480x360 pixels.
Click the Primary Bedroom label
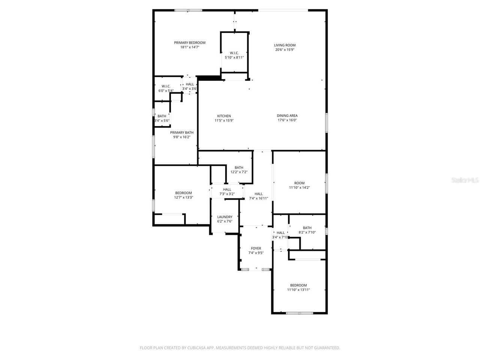(189, 43)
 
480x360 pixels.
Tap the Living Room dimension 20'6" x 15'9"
(285, 49)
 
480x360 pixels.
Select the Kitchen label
(224, 116)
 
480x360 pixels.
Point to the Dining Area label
(287, 116)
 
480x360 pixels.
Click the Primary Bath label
(181, 133)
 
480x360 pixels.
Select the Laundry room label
(225, 217)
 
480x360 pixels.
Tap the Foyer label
(256, 249)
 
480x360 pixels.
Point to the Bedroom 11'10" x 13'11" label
(298, 285)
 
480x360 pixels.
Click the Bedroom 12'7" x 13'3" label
(183, 193)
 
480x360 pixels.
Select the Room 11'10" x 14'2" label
(299, 183)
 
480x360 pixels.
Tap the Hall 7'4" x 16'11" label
(258, 194)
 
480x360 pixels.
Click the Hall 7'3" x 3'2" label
(227, 190)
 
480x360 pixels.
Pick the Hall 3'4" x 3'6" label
(190, 85)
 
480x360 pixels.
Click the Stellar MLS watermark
(465, 180)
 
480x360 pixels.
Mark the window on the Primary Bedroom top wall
(188, 10)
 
